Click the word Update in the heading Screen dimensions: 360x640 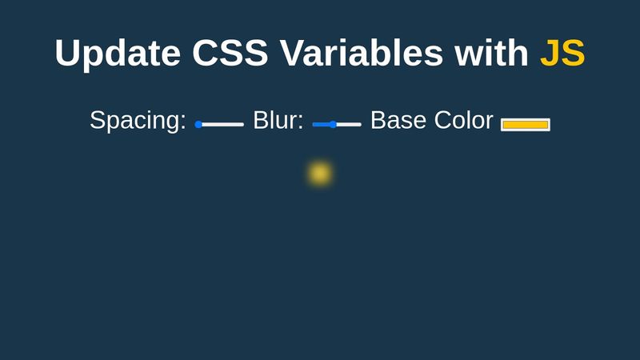coord(118,54)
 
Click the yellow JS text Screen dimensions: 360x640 coord(562,54)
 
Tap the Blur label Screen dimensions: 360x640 coord(278,121)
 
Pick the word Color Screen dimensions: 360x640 coord(464,121)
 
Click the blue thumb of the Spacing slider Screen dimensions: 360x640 coord(198,124)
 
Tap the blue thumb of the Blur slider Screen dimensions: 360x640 coord(333,124)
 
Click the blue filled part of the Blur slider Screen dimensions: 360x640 coord(321,124)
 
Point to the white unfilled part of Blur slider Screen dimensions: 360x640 coord(349,124)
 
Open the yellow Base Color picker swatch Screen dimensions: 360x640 coord(526,124)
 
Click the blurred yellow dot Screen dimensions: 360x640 coord(320,174)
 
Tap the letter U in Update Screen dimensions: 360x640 coord(69,54)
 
